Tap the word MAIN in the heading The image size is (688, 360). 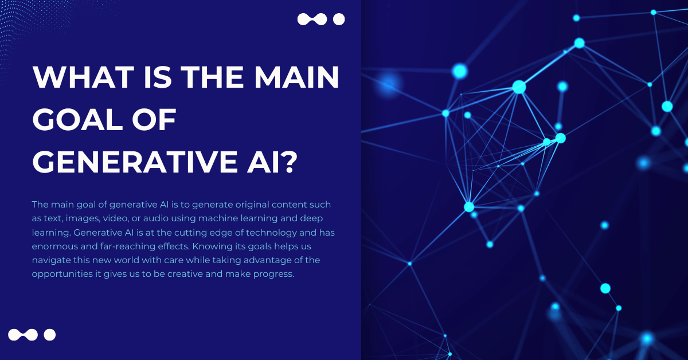coord(296,77)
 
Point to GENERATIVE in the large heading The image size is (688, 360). coord(135,162)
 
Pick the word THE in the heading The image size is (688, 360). coord(212,77)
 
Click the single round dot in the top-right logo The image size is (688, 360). coord(339,19)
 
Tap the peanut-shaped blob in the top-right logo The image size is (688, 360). coord(312,19)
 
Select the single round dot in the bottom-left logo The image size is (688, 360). coord(50,335)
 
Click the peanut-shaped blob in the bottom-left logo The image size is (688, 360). coord(23,335)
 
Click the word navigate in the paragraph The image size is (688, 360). coord(51,260)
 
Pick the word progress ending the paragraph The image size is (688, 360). coord(273,274)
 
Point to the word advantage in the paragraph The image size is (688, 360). coord(268,260)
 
